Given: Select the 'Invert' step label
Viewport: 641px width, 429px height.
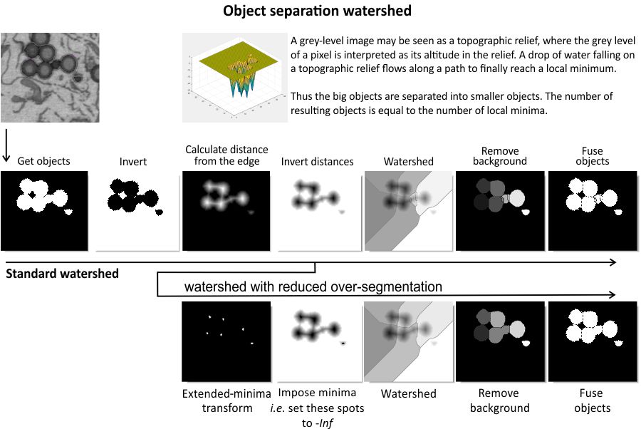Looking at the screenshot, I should (132, 162).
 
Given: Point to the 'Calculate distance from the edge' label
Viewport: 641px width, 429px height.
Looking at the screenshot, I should (226, 155).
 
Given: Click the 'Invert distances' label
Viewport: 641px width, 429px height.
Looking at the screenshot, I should (318, 162).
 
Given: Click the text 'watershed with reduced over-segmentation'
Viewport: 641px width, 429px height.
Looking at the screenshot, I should (313, 286).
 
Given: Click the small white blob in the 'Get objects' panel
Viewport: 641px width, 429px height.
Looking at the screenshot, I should (68, 212).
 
